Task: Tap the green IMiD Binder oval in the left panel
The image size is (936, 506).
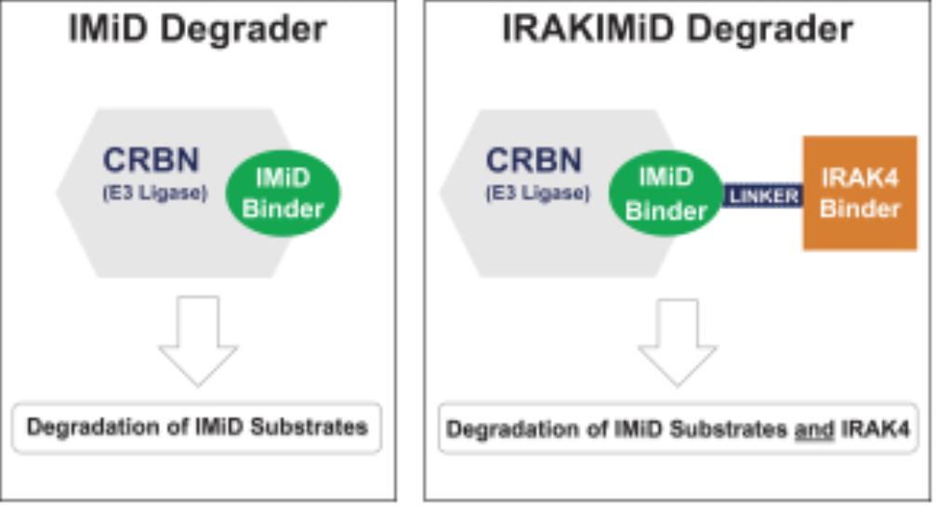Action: [x=283, y=193]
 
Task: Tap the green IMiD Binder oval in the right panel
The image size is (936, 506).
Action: [x=666, y=193]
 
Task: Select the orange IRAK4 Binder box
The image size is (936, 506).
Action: [x=860, y=193]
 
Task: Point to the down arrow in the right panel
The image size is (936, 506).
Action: [x=677, y=340]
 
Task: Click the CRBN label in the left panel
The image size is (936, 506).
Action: [x=151, y=160]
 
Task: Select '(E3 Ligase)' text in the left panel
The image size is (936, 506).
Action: [x=152, y=193]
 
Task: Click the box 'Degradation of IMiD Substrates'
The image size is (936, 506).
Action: [x=198, y=428]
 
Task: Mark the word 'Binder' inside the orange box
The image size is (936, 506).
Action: [x=860, y=208]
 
